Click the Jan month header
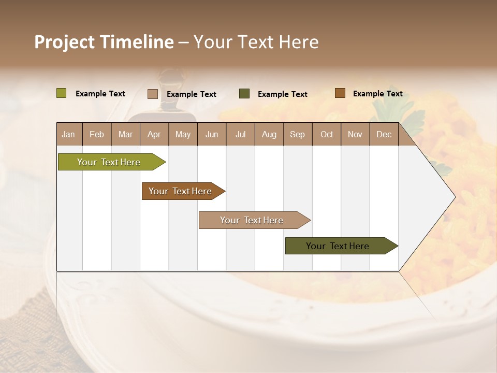(x=68, y=134)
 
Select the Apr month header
(x=154, y=134)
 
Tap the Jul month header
(x=240, y=134)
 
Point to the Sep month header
(x=297, y=134)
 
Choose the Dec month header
(x=384, y=134)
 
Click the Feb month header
(x=97, y=134)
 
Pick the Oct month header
(x=327, y=134)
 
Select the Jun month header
(x=212, y=134)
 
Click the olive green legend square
(x=61, y=93)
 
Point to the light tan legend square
(x=153, y=94)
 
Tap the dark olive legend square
(x=244, y=94)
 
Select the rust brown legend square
(x=340, y=93)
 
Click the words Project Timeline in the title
(x=104, y=42)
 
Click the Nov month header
(x=355, y=134)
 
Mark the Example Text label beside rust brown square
(x=377, y=94)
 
